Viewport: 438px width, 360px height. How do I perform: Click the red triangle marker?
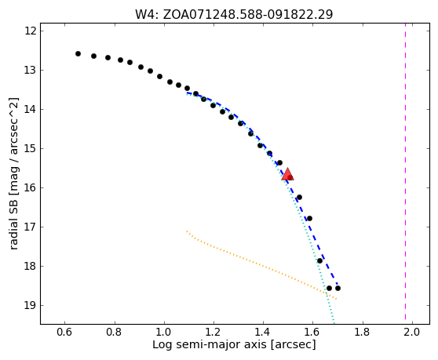[x=287, y=175]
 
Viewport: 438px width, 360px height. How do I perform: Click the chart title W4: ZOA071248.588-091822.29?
[x=234, y=15]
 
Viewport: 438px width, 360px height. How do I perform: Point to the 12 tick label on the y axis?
[x=31, y=31]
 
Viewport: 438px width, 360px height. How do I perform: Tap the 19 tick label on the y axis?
[x=31, y=305]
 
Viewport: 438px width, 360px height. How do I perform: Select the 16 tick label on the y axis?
[x=31, y=187]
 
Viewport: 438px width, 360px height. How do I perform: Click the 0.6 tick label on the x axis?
[x=64, y=332]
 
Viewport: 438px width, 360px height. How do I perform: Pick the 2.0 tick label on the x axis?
[x=412, y=332]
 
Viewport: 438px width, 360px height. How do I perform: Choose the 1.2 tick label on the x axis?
[x=214, y=332]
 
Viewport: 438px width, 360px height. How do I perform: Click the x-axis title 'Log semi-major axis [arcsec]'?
[x=234, y=345]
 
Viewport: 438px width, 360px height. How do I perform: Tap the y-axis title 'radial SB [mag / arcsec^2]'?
[x=13, y=173]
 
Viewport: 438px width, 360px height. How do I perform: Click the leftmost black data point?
[x=78, y=53]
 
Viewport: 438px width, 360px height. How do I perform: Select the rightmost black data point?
[x=338, y=289]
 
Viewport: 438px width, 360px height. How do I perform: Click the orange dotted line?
[x=261, y=265]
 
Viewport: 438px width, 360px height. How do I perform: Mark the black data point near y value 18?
[x=319, y=260]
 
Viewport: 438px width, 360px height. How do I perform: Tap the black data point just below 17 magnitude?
[x=309, y=218]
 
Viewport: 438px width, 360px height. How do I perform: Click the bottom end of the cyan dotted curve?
[x=334, y=323]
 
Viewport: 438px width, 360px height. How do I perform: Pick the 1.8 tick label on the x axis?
[x=363, y=332]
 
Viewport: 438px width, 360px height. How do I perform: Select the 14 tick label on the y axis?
[x=31, y=109]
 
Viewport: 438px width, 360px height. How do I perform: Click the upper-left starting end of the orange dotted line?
[x=187, y=231]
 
